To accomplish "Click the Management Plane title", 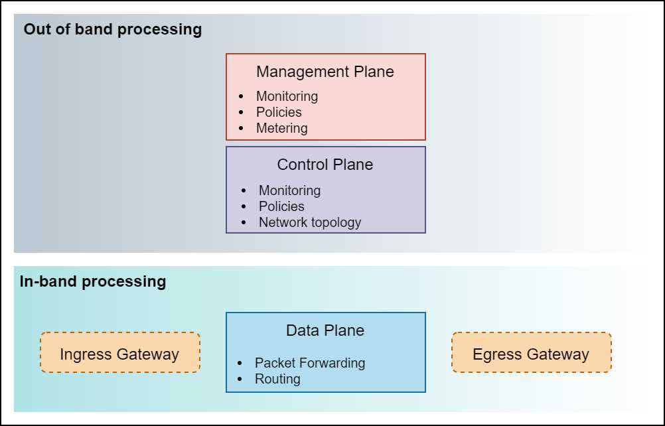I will tap(325, 72).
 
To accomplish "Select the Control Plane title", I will tap(325, 165).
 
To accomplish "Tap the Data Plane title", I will tap(325, 330).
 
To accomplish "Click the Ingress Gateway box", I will tap(119, 352).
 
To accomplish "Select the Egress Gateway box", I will tap(531, 352).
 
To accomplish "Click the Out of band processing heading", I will tap(113, 30).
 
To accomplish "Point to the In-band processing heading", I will tap(93, 281).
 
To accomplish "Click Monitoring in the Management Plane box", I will tap(287, 96).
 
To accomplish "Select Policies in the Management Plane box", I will tap(279, 112).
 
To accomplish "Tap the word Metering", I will tap(281, 128).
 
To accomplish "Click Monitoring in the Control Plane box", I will tap(289, 190).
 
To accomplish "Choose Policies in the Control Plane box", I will tap(281, 206).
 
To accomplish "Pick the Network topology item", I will tap(310, 222).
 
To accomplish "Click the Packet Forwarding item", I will tap(310, 363).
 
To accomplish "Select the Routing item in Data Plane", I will tap(277, 379).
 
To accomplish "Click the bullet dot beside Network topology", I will tap(244, 223).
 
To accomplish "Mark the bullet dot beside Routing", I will tap(240, 380).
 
